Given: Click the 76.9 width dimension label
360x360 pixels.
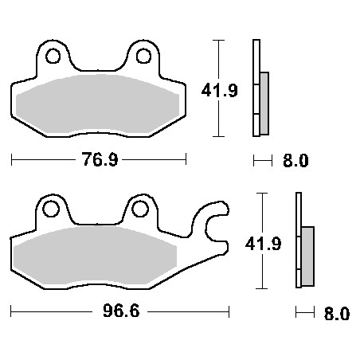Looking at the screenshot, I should click(x=100, y=160).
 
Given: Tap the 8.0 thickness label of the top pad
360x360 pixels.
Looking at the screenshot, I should click(x=295, y=160).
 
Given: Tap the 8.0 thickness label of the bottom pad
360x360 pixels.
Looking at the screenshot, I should click(x=337, y=313).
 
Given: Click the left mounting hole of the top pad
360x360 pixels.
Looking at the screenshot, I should click(x=54, y=57).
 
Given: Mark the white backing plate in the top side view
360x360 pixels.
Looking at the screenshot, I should click(x=256, y=88).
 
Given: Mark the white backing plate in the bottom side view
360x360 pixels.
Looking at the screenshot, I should click(x=299, y=239).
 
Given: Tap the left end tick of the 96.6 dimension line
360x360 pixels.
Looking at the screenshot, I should click(x=12, y=311).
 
